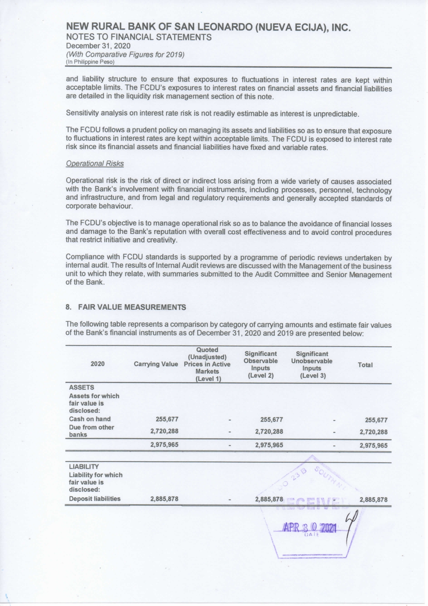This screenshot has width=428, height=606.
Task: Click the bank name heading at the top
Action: (x=208, y=27)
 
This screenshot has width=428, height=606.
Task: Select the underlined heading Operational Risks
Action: (x=95, y=164)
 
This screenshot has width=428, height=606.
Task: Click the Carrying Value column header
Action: (x=156, y=364)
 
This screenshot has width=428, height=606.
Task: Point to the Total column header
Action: (x=365, y=365)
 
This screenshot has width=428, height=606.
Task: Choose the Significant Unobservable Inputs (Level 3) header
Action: (x=312, y=365)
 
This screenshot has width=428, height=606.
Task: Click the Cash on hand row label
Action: (x=90, y=419)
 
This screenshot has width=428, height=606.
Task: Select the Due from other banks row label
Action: (x=91, y=431)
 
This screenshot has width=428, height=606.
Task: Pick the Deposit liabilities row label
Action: (x=95, y=499)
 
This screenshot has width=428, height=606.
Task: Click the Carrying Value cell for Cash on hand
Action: (x=167, y=419)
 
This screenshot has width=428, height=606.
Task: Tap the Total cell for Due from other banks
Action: (x=373, y=432)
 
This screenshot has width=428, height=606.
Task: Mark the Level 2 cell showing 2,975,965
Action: (x=269, y=445)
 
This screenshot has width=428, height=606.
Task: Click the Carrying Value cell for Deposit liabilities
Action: (x=164, y=499)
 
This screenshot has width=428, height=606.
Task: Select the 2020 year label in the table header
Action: (x=97, y=364)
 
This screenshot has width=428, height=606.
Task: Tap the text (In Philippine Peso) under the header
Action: (x=90, y=62)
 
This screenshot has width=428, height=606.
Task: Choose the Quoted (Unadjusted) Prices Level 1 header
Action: (x=207, y=364)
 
